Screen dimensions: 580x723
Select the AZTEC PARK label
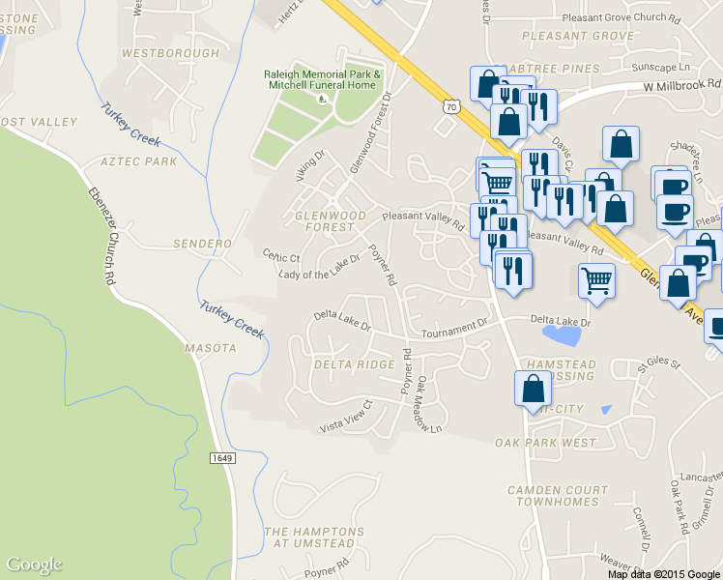click(138, 161)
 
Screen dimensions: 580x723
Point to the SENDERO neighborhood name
click(202, 244)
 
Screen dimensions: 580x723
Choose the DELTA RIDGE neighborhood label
click(355, 364)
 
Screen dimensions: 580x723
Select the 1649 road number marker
click(221, 457)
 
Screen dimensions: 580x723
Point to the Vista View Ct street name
click(346, 418)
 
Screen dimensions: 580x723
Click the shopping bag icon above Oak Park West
click(533, 389)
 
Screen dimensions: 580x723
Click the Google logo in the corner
click(34, 565)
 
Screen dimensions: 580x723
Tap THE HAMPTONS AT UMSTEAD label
click(315, 537)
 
